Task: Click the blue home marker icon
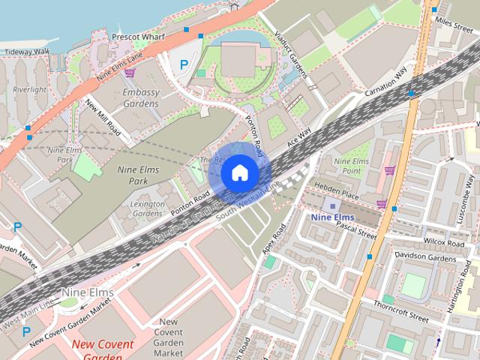pos(239,173)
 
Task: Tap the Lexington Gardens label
pos(147,208)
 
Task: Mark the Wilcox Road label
pos(444,243)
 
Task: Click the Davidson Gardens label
pos(424,258)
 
